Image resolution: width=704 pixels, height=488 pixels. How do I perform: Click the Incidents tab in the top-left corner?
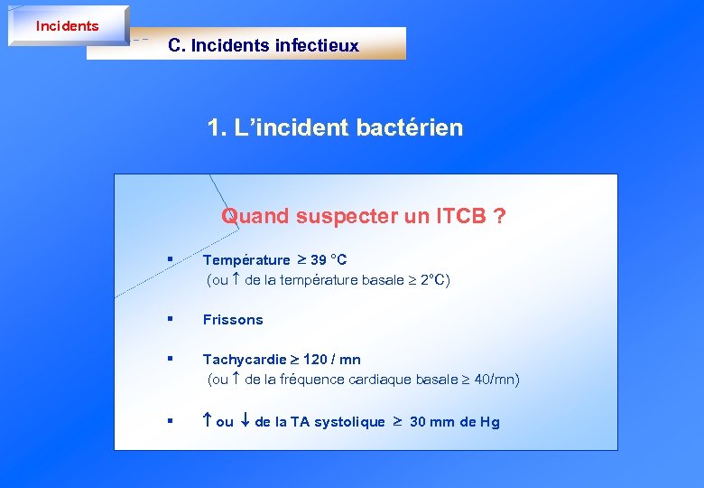67,26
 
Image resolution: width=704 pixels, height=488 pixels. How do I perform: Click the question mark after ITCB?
499,216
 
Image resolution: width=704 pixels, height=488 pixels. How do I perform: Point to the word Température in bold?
246,260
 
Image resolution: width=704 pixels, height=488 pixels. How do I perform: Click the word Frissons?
233,319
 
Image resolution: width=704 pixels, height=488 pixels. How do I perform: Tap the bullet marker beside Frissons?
169,319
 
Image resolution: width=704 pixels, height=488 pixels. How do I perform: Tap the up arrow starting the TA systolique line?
207,421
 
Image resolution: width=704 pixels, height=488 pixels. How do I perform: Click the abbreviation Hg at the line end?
489,422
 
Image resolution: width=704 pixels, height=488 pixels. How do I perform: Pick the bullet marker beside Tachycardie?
169,360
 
